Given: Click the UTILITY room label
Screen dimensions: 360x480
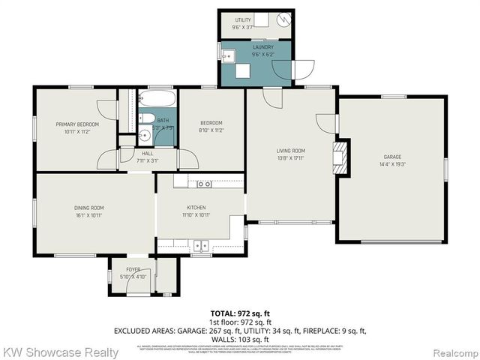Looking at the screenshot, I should tap(241, 20).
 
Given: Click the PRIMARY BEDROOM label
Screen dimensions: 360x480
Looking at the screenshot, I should tap(73, 124).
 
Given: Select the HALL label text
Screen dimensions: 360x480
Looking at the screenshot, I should tap(147, 153).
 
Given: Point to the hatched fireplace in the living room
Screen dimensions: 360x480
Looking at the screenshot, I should tap(342, 158).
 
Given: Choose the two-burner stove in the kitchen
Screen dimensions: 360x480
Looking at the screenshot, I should tap(203, 184).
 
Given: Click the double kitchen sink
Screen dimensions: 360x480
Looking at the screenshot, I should tap(199, 244).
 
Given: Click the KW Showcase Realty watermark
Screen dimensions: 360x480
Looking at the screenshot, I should tap(60, 352).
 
